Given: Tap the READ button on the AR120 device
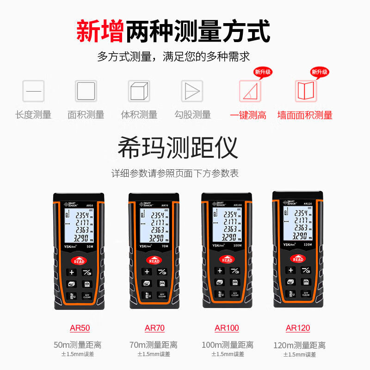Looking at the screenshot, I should coord(298,259).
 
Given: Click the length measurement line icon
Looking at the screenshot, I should coord(33,91).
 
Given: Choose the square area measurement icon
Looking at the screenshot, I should coord(86,91).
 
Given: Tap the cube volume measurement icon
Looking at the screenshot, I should coord(139,91).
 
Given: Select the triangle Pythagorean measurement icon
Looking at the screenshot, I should coord(192,91).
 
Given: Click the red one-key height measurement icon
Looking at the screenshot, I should coord(250,91).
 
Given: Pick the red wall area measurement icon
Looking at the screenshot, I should coord(306,91).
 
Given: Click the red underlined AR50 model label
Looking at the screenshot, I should coord(80,328).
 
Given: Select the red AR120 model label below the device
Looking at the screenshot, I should coord(298,328).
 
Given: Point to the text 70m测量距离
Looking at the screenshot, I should coord(154,345).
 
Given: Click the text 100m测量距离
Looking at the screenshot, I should coord(227,345).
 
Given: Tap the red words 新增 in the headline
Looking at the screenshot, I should coord(99,31).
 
